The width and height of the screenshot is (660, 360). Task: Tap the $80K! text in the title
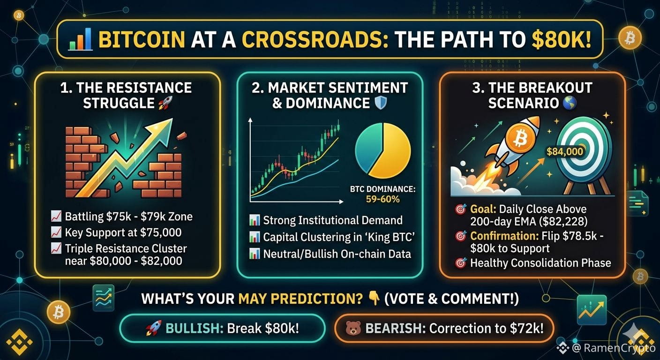click(561, 39)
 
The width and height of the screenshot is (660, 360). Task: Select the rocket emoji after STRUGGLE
click(165, 103)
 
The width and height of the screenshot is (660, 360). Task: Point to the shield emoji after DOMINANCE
click(380, 103)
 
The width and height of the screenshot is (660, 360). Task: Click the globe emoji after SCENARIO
click(570, 103)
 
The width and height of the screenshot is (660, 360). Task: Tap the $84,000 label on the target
click(564, 151)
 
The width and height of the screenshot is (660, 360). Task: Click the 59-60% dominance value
click(383, 199)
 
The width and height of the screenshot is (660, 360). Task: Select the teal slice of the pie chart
click(367, 146)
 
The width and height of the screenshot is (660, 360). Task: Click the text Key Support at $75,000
click(123, 232)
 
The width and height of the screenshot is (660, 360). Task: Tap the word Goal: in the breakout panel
click(483, 209)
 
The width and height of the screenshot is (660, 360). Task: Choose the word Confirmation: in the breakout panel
click(504, 236)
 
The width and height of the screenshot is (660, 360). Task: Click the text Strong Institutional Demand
click(333, 220)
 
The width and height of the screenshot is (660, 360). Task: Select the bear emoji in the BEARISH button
click(353, 328)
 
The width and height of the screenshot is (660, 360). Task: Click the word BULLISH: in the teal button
click(195, 328)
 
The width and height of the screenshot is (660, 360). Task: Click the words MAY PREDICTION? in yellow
click(300, 299)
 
